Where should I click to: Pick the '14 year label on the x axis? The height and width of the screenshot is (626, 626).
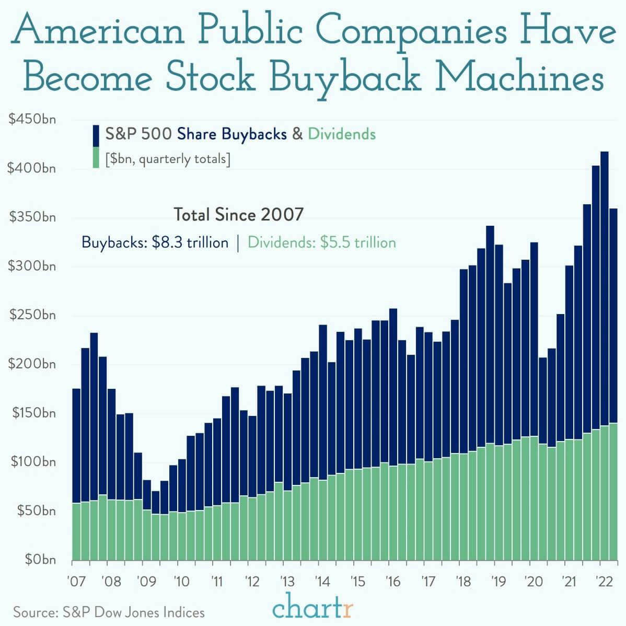322,581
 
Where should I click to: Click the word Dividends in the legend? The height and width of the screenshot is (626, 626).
341,134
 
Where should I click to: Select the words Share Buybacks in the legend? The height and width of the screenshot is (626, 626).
232,134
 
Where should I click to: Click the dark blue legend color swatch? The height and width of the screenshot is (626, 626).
96,135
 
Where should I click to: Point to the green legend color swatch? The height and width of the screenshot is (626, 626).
96,157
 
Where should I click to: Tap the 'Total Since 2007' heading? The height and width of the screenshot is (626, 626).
238,215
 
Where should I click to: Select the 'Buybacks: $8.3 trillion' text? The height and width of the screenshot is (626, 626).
155,243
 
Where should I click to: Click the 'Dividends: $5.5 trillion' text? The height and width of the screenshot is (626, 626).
321,243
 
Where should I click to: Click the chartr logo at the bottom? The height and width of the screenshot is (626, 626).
313,609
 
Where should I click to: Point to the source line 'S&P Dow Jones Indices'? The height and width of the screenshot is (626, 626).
109,612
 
